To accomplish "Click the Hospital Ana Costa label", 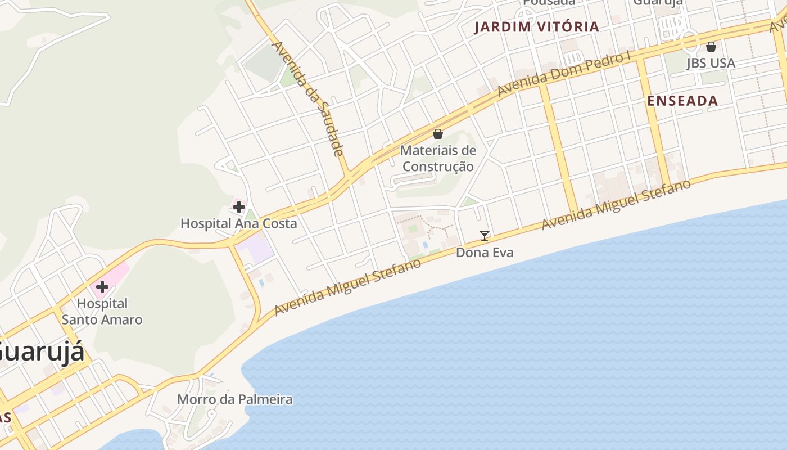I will pos(238,223).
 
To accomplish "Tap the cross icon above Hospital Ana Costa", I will pos(239,207).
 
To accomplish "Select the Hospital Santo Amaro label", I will pos(102,312).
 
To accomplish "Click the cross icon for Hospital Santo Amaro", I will pos(102,286).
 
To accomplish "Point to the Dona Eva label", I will pos(485,253).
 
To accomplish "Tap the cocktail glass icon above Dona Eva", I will pos(485,236).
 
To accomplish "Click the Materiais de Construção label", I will pos(438,158).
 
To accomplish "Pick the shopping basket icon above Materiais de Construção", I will pos(438,134).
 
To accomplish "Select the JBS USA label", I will pos(711,63).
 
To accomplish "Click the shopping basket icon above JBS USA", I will pos(711,47).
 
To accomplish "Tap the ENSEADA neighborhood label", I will pos(682,101).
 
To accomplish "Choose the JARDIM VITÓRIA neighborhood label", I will pos(536,27).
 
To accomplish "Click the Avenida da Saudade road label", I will pos(308,98).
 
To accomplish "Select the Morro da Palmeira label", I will pos(235,399).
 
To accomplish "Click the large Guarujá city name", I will pos(42,353).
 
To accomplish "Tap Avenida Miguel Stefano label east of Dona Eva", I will pos(616,205).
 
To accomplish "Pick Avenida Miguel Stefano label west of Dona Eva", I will pos(347,287).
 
